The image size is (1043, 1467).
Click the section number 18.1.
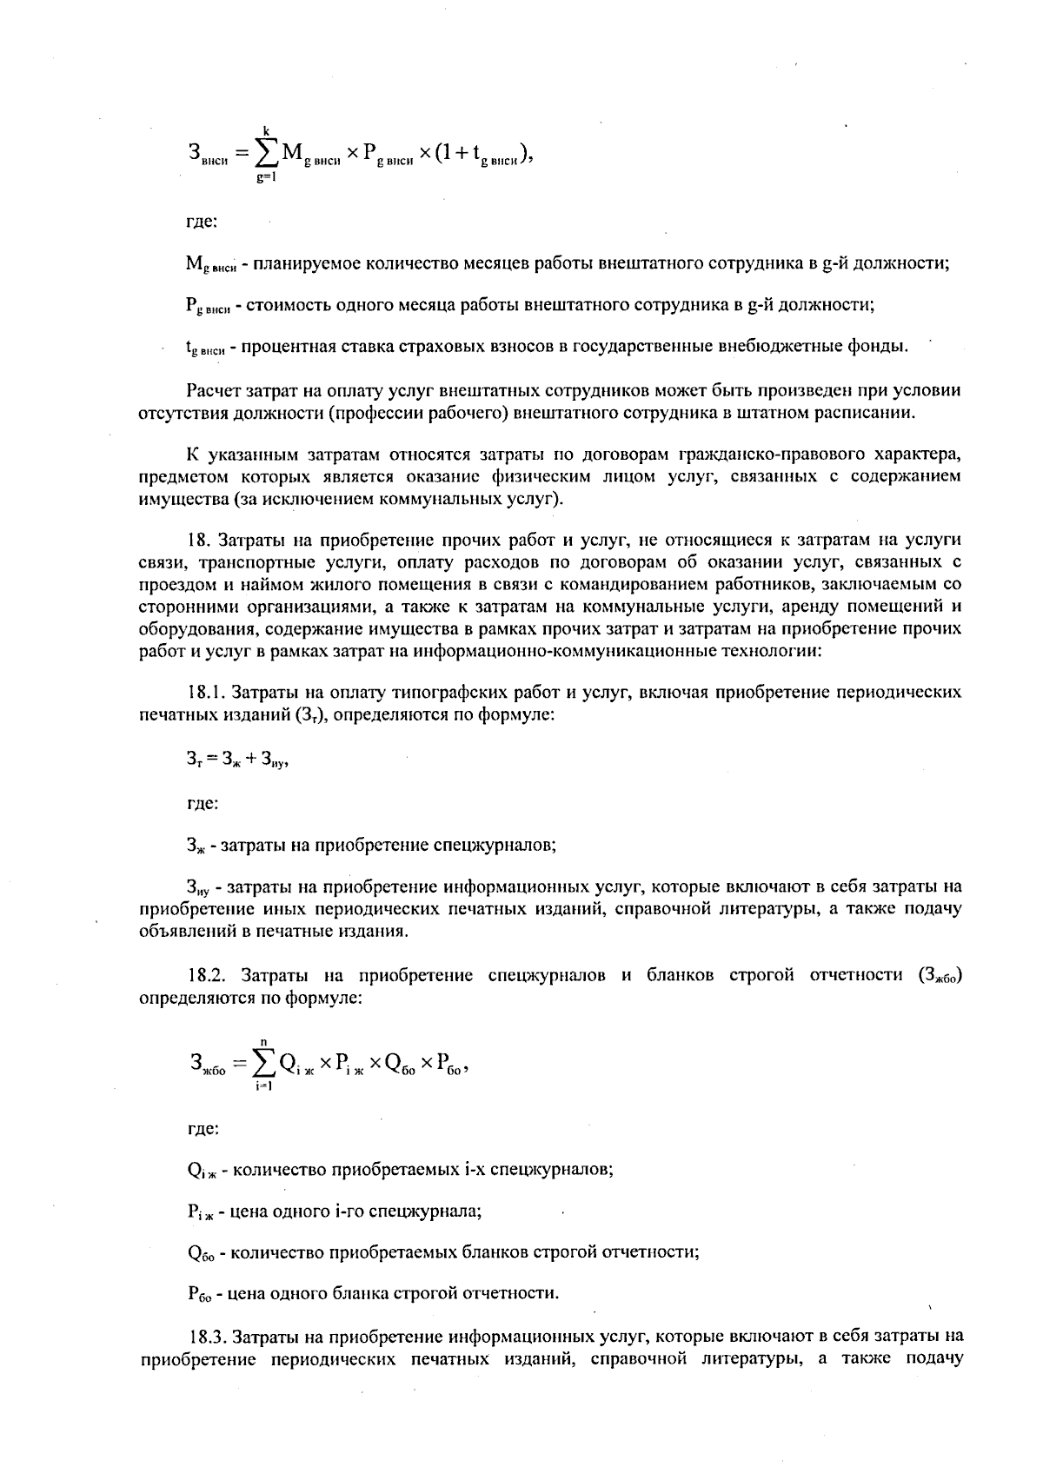207,693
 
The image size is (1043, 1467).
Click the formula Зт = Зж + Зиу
236,760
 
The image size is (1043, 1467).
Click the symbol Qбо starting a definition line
201,1253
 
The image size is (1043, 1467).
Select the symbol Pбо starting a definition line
199,1294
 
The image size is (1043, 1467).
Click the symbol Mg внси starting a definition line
206,264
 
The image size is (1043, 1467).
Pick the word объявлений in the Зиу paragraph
181,932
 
